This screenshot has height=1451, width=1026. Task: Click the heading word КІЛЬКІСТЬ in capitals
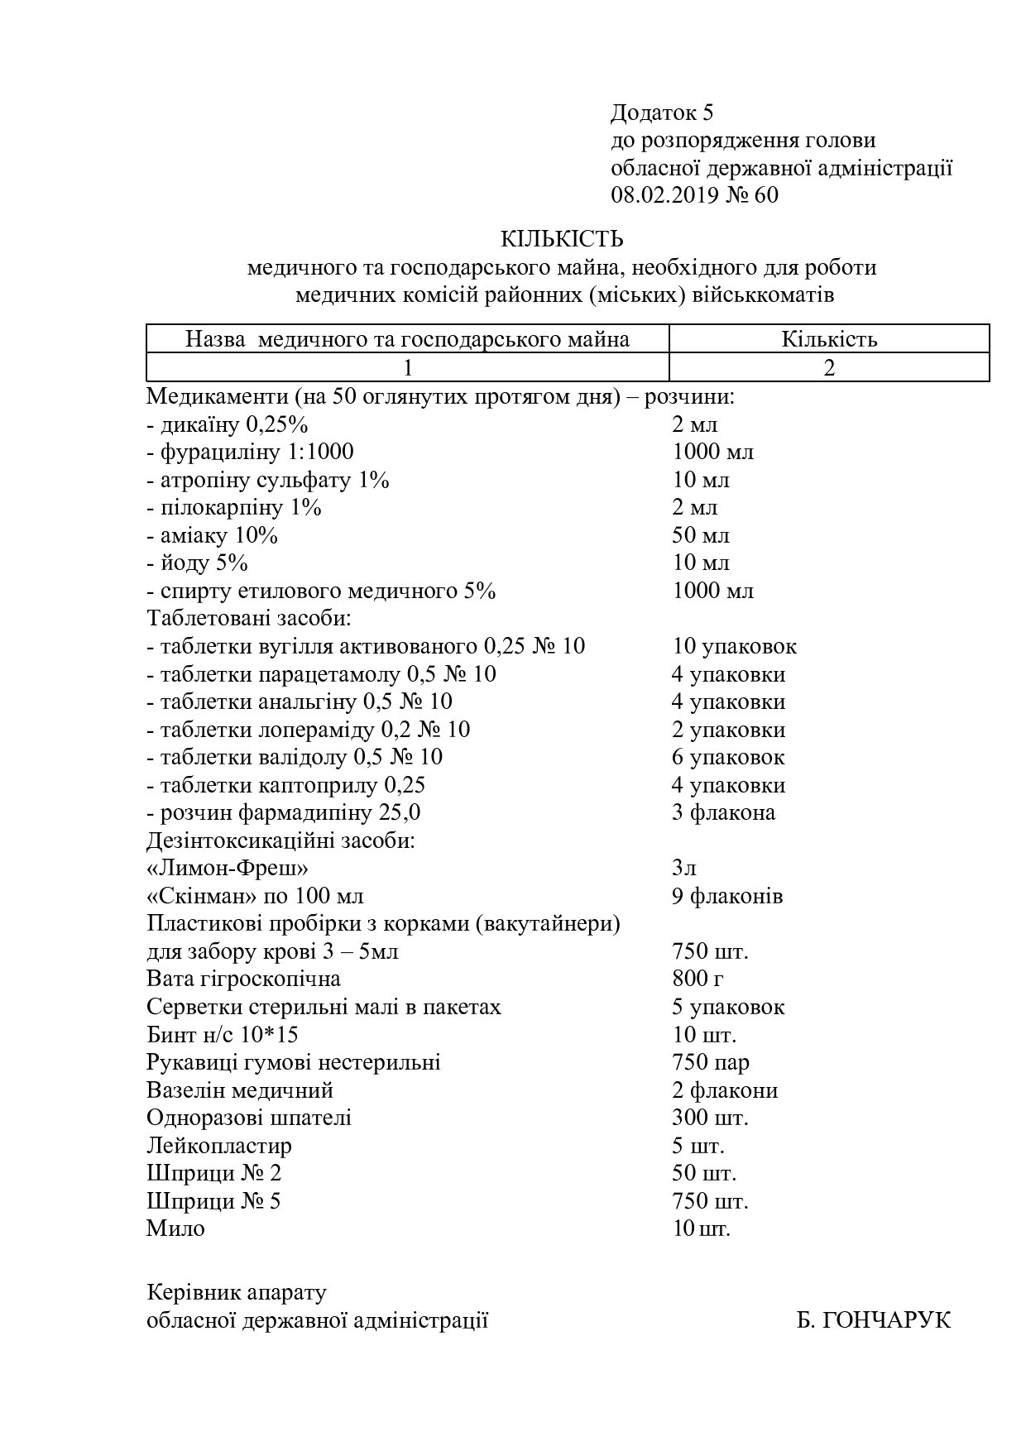point(562,240)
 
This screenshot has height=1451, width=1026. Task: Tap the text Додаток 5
point(661,113)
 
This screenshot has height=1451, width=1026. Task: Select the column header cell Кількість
point(828,339)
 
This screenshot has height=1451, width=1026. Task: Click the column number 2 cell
point(828,367)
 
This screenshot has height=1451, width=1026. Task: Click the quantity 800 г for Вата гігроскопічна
point(698,979)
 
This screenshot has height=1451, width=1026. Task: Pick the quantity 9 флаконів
point(726,896)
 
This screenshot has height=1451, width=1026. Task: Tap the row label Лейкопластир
point(219,1146)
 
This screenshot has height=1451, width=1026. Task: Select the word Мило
point(175,1228)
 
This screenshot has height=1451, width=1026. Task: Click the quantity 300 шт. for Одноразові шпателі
point(710,1118)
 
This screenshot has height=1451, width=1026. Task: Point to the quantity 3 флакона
point(723,812)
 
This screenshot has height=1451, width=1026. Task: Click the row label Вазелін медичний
point(240,1090)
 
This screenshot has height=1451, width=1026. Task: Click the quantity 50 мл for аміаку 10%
point(700,535)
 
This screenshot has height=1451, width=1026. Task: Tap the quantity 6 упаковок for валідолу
point(728,757)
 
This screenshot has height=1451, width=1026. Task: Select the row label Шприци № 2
point(214,1173)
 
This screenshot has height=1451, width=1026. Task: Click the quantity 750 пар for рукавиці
point(710,1062)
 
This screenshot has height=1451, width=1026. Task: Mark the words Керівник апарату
point(237,1292)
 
